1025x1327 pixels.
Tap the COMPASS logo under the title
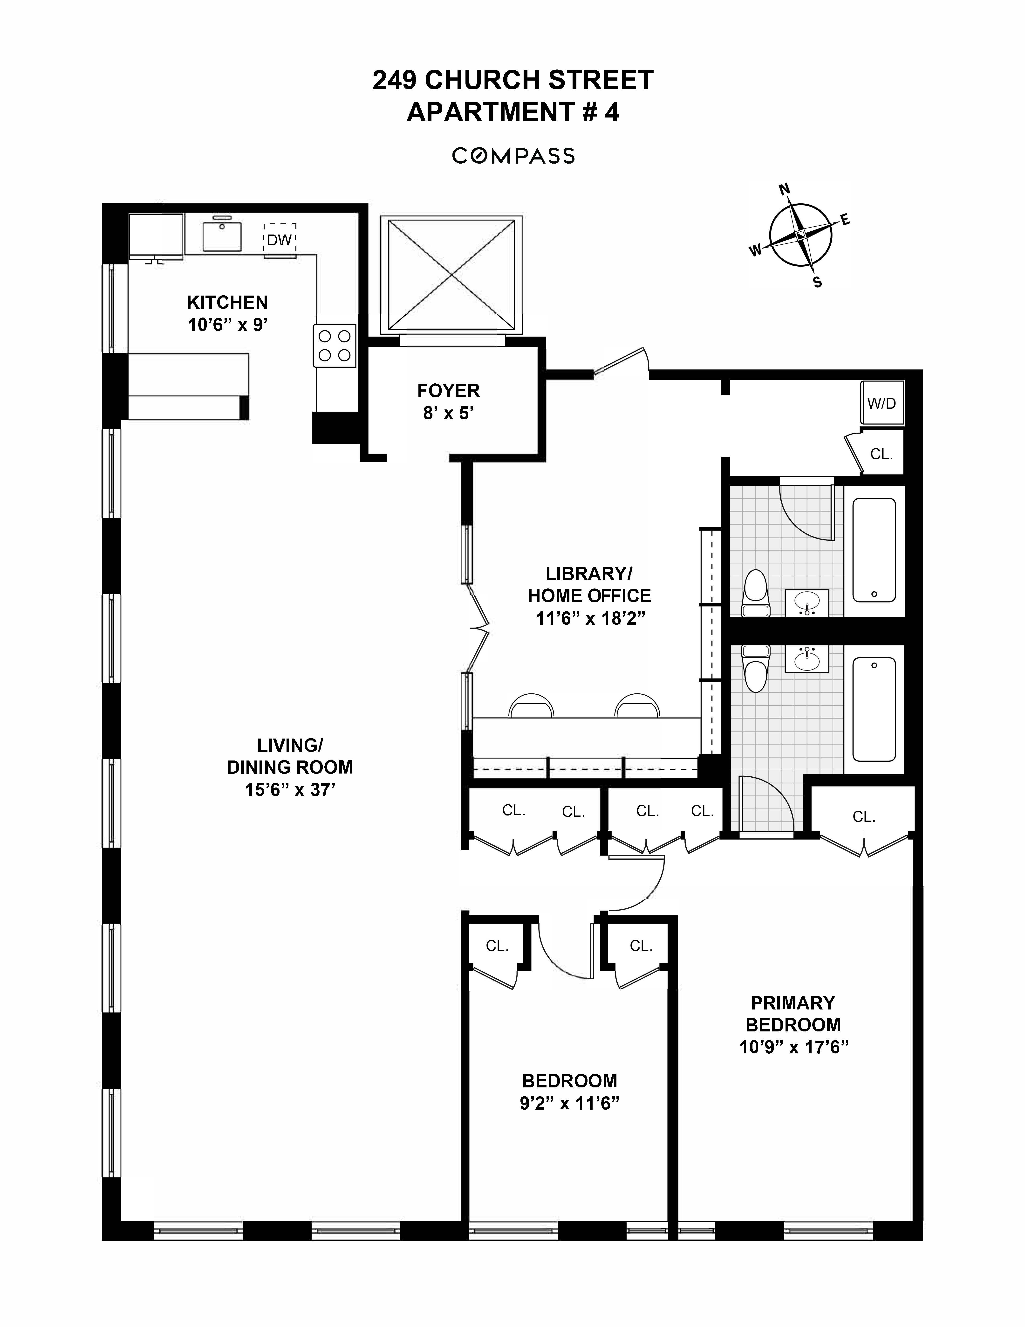click(x=513, y=156)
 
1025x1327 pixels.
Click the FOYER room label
click(x=448, y=391)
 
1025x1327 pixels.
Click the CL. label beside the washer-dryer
click(x=881, y=454)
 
